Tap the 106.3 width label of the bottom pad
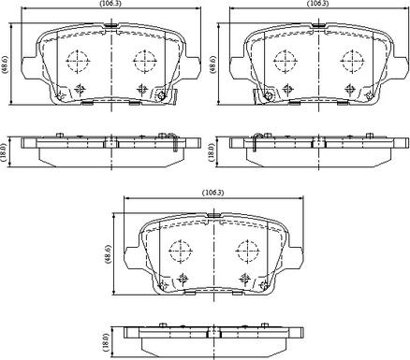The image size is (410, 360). tap(213, 193)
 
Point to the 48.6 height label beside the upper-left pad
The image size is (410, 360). tap(5, 65)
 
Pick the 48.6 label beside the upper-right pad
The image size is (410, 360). tap(213, 65)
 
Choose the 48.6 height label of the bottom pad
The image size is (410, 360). tap(108, 254)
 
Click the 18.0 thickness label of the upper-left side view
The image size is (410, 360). tap(5, 151)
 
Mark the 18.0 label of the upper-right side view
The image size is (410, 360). tap(213, 151)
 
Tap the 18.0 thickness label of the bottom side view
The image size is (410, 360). tap(106, 341)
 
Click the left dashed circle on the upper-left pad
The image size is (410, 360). tap(78, 61)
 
